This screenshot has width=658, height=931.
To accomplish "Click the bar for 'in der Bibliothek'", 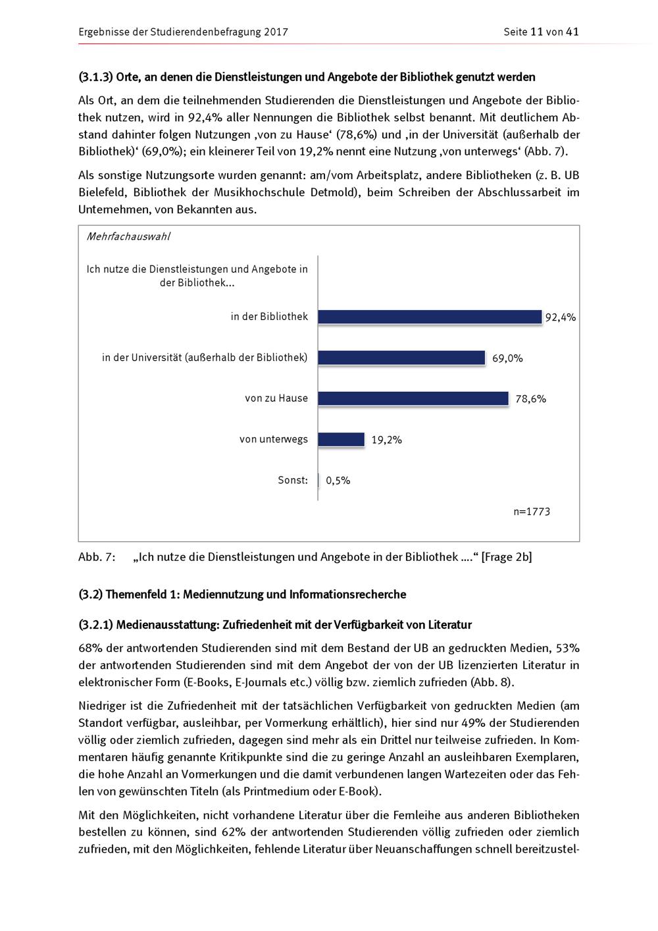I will pos(430,317).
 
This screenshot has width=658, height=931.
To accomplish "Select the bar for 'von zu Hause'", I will pos(413,398).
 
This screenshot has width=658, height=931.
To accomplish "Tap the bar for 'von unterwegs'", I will pos(342,439).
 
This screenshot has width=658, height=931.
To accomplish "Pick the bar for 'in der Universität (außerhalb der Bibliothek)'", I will pos(401,358).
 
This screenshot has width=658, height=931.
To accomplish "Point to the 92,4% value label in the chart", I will pos(561,317).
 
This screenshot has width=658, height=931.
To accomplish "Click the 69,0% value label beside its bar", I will pos(507,358).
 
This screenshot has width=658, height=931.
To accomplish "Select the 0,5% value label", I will pos(338,481).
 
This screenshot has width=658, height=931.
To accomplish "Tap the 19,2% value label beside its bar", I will pos(386,440).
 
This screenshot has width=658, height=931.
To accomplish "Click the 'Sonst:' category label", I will pos(293,480).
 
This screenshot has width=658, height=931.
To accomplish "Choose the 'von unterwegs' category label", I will pos(274,439).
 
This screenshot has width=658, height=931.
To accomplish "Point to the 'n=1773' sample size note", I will pos(532,512).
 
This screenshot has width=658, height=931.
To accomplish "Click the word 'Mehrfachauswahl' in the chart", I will pos(128,236).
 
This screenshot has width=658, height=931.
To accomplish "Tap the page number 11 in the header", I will pos(536,32).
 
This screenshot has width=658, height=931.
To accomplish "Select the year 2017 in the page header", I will pos(276,32).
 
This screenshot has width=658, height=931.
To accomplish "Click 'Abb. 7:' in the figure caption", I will pos(97,557).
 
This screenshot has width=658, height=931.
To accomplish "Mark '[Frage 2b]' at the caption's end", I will pos(506,557).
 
